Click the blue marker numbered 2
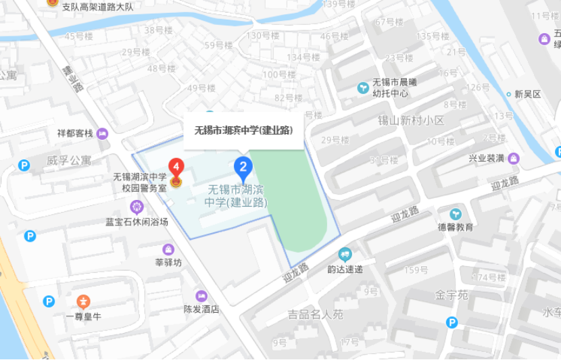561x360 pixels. click(243, 166)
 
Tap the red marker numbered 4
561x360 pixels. click(176, 166)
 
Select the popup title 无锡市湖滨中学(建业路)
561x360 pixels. click(243, 130)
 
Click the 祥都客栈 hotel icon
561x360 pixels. click(102, 133)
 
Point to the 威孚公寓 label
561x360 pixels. click(69, 161)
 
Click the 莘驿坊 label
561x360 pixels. click(168, 263)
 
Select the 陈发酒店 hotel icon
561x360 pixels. click(201, 296)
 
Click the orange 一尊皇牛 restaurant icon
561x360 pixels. click(82, 301)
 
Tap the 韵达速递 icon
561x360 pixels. click(345, 255)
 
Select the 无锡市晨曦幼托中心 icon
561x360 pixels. click(363, 88)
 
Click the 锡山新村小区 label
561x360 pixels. click(411, 120)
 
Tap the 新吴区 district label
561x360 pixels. click(527, 94)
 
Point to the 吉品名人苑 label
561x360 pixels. click(316, 314)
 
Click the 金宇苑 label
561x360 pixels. click(452, 294)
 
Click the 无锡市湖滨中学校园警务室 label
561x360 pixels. click(140, 183)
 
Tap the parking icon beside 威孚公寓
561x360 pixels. click(24, 165)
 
